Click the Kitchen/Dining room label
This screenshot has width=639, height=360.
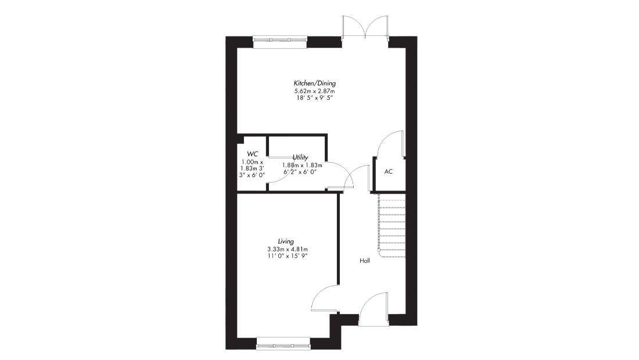pyautogui.click(x=315, y=83)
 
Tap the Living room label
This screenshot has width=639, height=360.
pyautogui.click(x=286, y=242)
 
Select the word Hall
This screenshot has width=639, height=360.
pyautogui.click(x=365, y=261)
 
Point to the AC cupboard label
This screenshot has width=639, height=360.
pyautogui.click(x=389, y=171)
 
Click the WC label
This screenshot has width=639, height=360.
pyautogui.click(x=252, y=154)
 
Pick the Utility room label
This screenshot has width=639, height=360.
pyautogui.click(x=300, y=157)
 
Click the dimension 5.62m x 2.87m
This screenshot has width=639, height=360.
pyautogui.click(x=315, y=91)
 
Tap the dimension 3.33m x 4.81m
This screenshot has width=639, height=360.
pyautogui.click(x=288, y=249)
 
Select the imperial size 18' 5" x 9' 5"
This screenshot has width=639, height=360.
pyautogui.click(x=315, y=98)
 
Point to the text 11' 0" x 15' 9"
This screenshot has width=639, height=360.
pyautogui.click(x=288, y=255)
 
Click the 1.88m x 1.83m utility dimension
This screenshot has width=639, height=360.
pyautogui.click(x=302, y=165)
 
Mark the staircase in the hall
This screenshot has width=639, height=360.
pyautogui.click(x=392, y=226)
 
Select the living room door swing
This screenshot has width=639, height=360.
pyautogui.click(x=325, y=299)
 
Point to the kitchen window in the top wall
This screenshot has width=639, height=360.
pyautogui.click(x=279, y=40)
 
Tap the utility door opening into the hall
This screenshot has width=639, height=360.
pyautogui.click(x=340, y=175)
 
